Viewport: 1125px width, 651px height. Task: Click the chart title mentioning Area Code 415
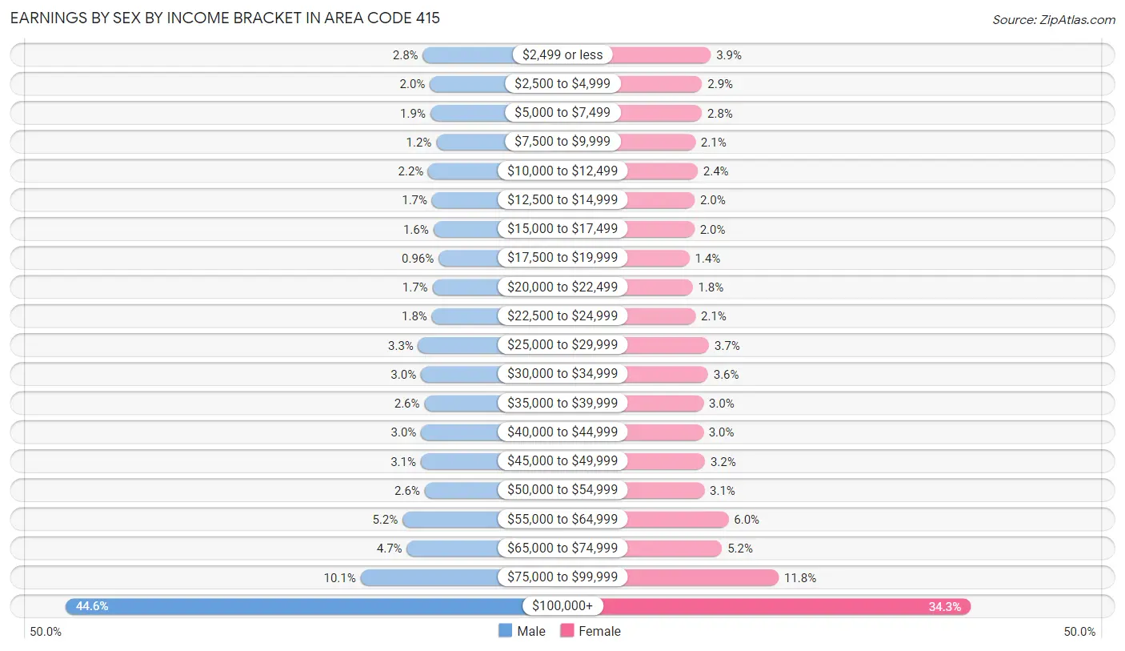225,18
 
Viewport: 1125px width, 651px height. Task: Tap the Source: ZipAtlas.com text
1053,19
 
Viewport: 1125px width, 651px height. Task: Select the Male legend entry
522,631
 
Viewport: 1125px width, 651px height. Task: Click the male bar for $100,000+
296,606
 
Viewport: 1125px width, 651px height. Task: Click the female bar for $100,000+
784,606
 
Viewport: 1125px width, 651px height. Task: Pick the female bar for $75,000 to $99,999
701,577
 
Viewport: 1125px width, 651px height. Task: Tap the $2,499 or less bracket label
562,54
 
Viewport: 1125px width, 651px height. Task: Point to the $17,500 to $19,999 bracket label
562,258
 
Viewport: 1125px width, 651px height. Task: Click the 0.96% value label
418,258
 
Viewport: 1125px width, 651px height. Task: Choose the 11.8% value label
800,577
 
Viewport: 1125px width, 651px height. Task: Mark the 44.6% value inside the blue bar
92,606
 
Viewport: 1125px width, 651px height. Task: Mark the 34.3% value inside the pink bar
944,606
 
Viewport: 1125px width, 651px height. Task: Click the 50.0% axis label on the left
46,632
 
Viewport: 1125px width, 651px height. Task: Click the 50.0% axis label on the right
1079,632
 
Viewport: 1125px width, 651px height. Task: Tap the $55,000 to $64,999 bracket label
562,519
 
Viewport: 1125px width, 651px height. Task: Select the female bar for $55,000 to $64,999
677,519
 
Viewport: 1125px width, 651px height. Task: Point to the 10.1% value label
340,577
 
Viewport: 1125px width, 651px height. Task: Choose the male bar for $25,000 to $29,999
458,345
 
